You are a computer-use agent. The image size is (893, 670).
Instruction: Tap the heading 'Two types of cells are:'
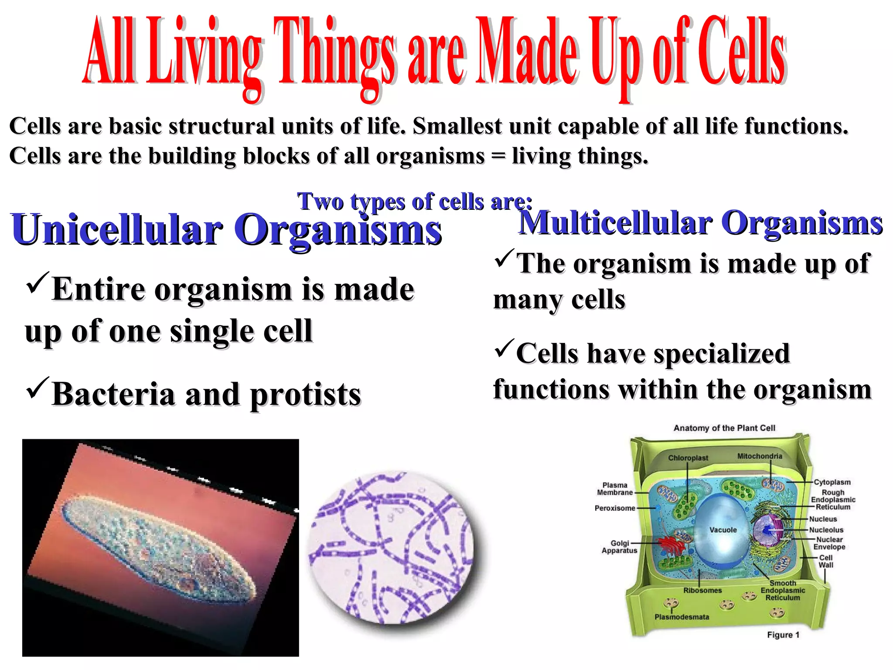tap(414, 202)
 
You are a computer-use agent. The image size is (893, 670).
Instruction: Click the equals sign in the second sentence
tap(498, 156)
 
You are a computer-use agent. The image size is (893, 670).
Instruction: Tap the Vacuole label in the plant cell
tap(723, 530)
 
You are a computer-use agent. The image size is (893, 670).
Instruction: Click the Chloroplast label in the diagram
tap(688, 458)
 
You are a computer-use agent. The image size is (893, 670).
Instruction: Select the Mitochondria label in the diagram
tap(759, 456)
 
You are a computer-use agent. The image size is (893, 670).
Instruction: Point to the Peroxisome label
tap(615, 508)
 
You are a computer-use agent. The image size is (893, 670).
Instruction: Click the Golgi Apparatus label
tap(620, 547)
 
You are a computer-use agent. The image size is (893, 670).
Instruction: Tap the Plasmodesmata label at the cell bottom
tap(682, 617)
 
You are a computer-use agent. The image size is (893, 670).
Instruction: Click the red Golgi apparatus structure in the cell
tap(669, 545)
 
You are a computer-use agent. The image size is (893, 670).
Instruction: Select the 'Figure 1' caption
tap(783, 635)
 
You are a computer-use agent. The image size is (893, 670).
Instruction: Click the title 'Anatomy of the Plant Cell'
tap(724, 428)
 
